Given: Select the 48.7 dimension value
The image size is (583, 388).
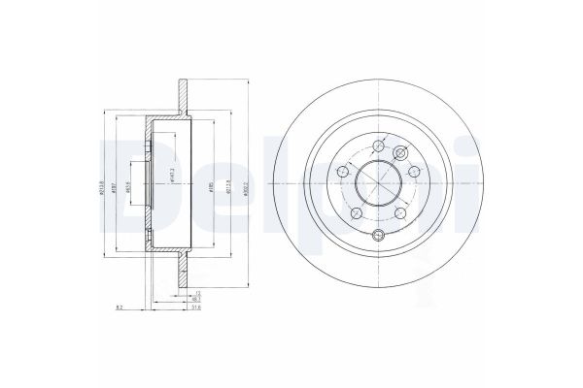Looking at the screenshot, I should click(195, 299).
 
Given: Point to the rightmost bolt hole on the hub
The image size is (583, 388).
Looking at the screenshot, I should click(415, 172).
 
